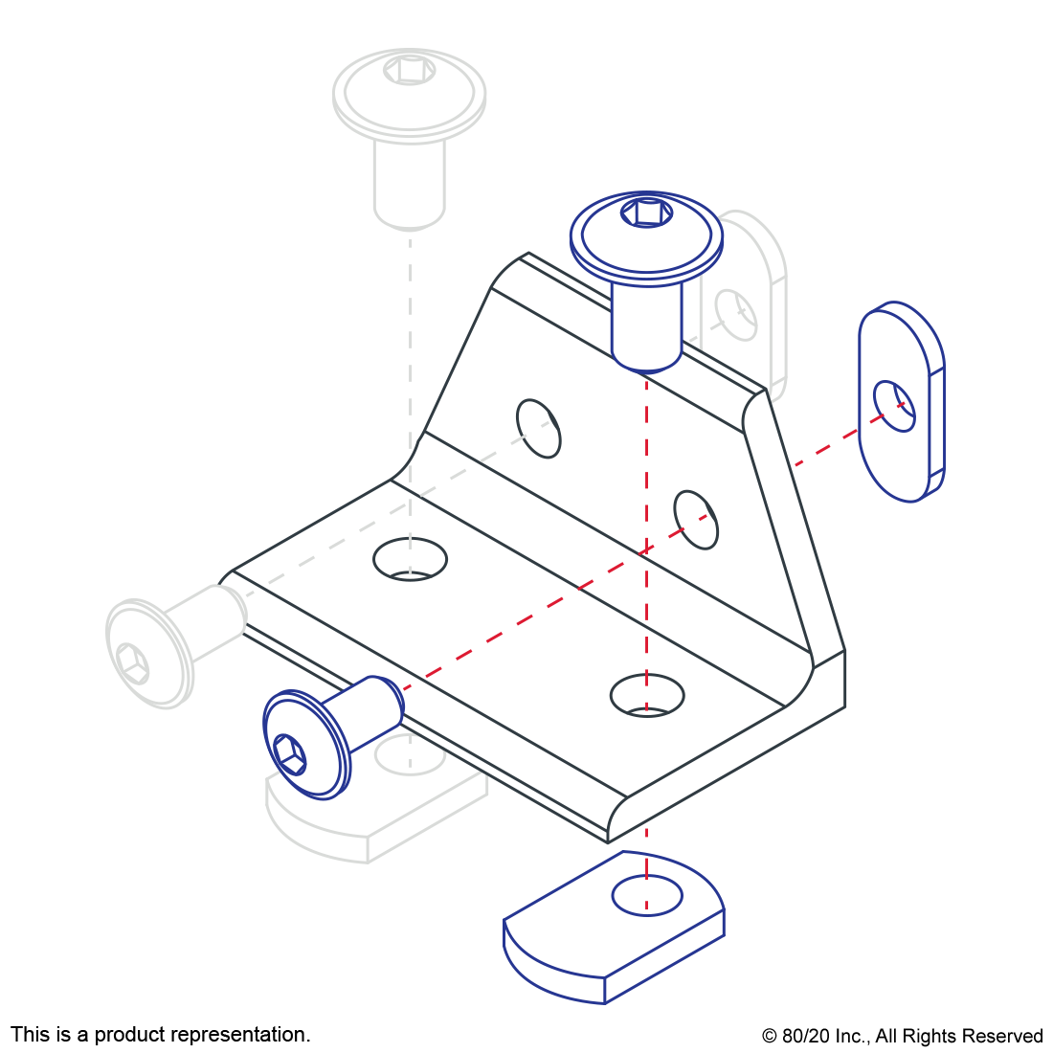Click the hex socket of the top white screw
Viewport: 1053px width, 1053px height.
point(410,70)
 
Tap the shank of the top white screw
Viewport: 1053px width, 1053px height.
point(410,182)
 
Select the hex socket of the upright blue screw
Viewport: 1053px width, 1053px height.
point(646,212)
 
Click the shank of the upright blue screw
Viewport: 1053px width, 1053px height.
point(647,325)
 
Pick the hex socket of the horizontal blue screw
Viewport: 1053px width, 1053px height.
point(289,752)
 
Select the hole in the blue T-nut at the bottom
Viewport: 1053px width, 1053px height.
point(647,895)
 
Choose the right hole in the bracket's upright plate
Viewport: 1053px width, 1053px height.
point(696,519)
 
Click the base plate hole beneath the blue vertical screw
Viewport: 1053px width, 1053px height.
point(647,695)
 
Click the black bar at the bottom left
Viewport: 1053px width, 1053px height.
point(160,1036)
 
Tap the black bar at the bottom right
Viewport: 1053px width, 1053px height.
point(902,1038)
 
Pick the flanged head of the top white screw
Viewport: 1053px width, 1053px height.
point(410,96)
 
